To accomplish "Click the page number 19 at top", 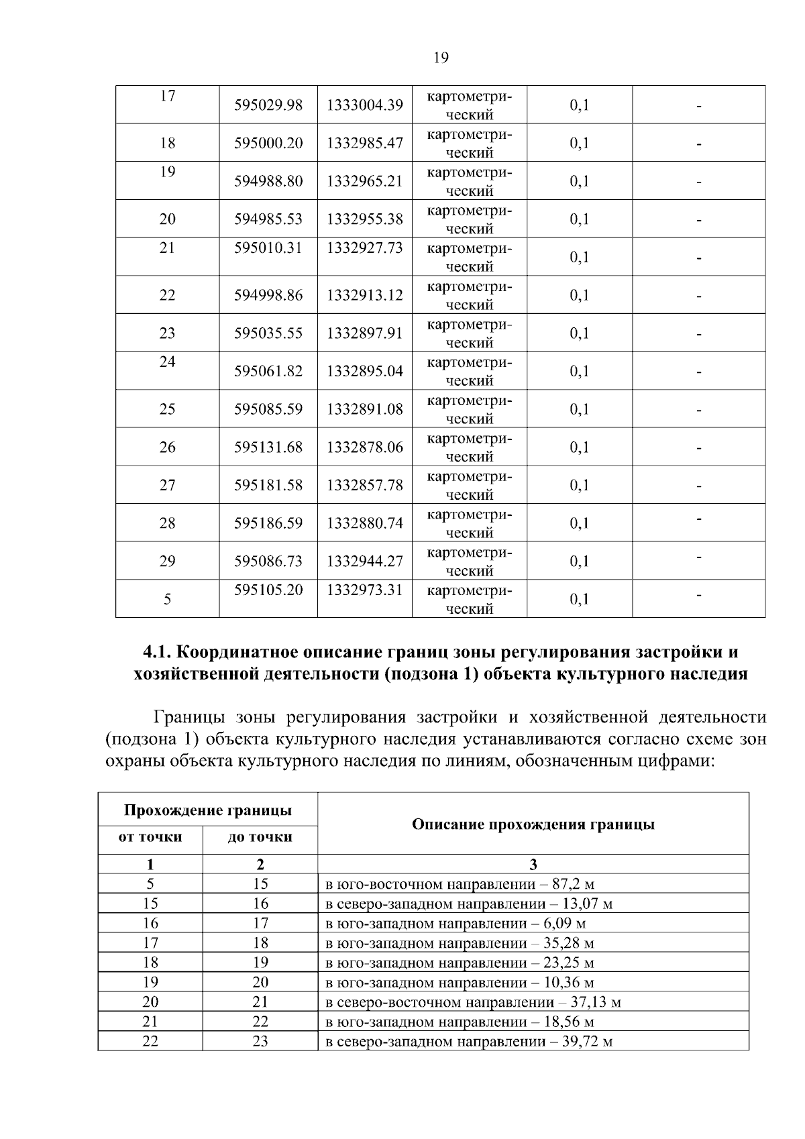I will point(441,58).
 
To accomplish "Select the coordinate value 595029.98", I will point(268,105).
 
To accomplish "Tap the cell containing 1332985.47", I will point(365,143).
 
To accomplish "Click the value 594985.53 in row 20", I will point(268,219).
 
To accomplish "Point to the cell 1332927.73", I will point(365,248).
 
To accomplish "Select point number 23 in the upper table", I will point(167,333).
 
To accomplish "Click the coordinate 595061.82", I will point(268,371).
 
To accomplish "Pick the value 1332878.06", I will point(365,447).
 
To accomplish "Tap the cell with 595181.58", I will point(268,485).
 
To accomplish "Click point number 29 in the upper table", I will point(167,561).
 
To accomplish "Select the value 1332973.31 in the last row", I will point(365,590).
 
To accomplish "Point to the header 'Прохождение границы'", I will point(208,810).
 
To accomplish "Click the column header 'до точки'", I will point(260,837).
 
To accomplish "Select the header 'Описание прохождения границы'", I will point(533,824).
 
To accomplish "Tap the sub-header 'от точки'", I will point(150,837).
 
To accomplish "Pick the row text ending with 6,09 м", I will point(455,924).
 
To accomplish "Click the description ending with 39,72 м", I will point(469,1042).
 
